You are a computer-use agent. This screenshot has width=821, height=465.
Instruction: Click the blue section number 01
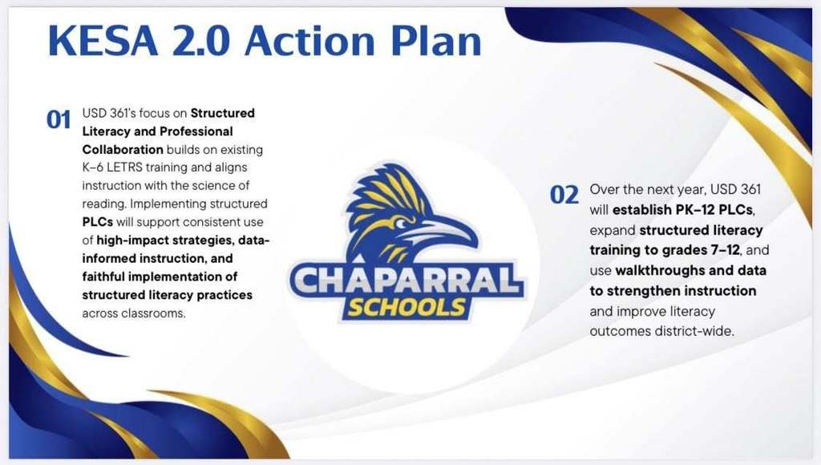[x=59, y=120]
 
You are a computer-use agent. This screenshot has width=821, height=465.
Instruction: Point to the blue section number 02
[x=564, y=195]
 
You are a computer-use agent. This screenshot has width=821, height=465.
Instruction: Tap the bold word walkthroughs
[x=661, y=270]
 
